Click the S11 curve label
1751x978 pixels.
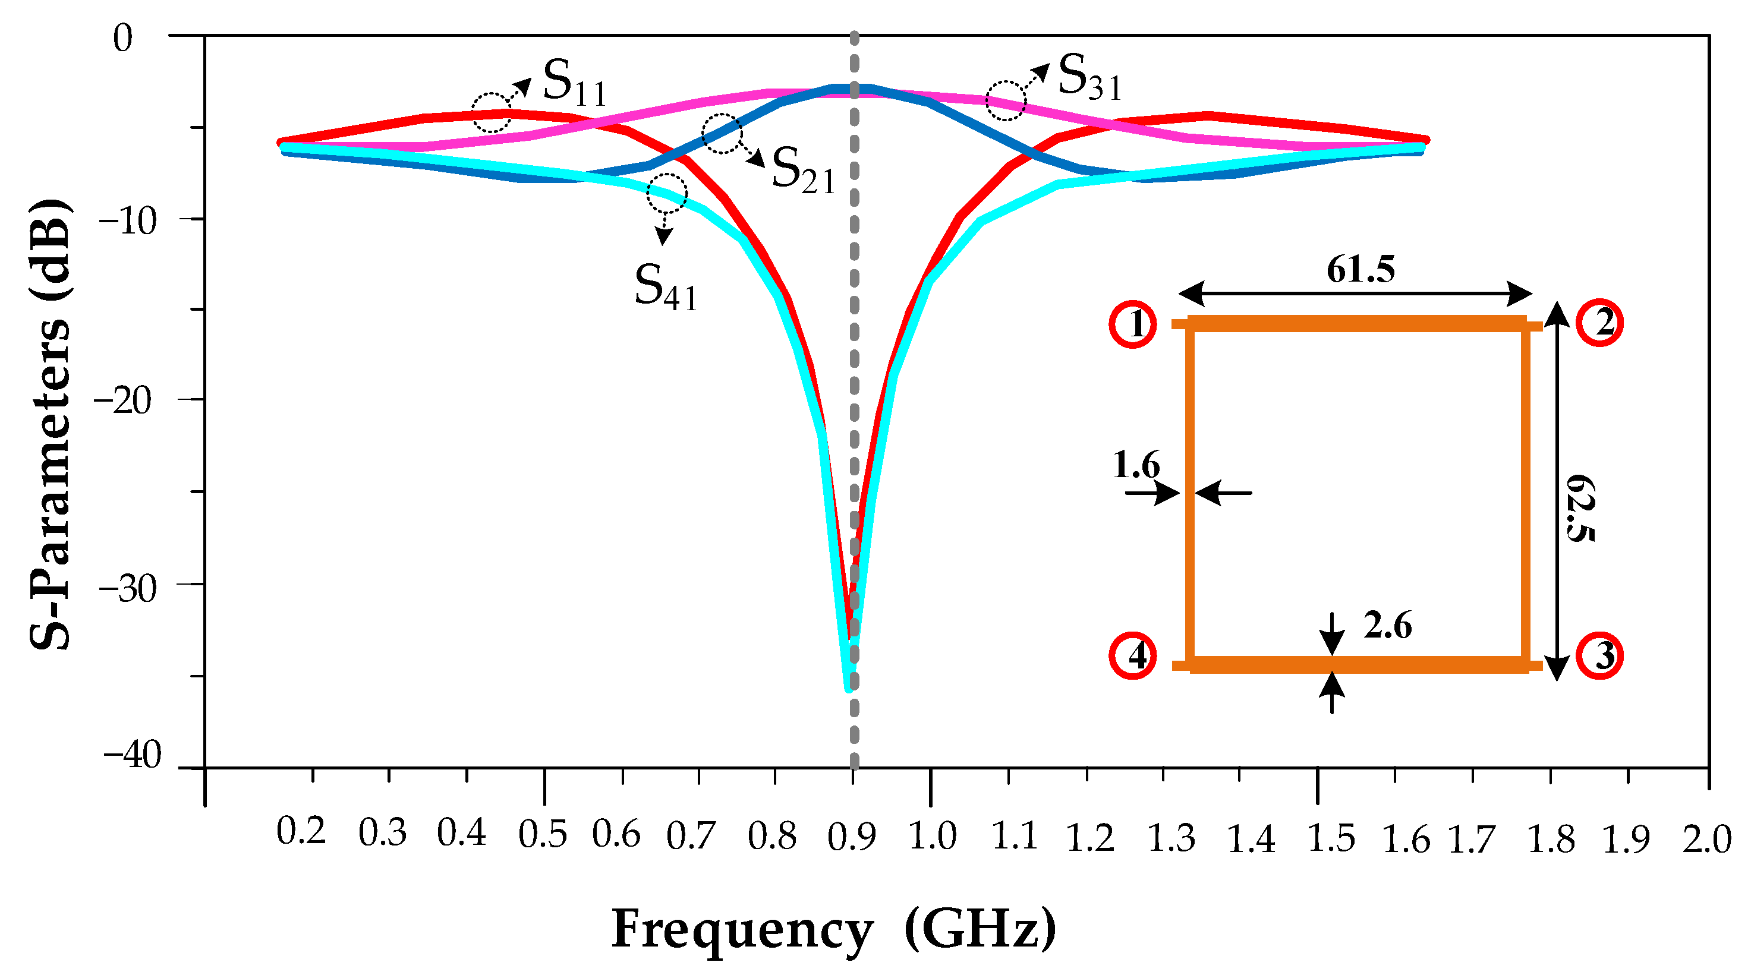point(574,84)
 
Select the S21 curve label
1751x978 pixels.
point(803,171)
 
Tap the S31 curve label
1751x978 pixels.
point(1089,78)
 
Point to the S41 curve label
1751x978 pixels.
point(666,288)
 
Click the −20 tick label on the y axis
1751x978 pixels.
point(123,401)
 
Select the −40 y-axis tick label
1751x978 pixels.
point(133,756)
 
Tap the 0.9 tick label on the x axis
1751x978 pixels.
point(851,837)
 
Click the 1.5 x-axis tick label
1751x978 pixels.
point(1331,839)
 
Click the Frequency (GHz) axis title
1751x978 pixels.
point(833,929)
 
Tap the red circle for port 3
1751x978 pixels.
point(1600,656)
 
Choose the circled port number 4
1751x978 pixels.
point(1133,656)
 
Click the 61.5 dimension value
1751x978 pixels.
point(1360,270)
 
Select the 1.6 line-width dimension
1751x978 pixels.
point(1136,466)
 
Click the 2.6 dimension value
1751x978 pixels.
point(1387,625)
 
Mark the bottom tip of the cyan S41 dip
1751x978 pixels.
point(848,689)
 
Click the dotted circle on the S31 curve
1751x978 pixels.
point(1006,100)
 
